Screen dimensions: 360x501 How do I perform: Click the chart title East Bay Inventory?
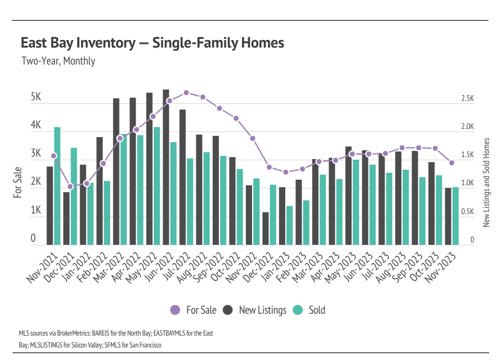coord(152,43)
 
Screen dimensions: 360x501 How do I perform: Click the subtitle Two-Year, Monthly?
coord(58,61)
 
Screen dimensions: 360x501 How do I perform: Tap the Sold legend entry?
coord(310,310)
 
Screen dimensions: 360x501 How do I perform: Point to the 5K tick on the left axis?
coord(36,98)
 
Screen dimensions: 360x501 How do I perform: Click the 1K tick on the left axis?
coord(36,211)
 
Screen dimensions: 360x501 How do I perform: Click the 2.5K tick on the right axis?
coord(468,99)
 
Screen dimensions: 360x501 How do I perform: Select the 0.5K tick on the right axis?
coord(468,212)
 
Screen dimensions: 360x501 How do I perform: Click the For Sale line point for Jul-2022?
coord(186,93)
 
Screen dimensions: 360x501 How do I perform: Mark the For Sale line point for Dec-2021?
coord(71,187)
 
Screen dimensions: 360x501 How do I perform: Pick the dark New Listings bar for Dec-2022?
coord(265,228)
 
